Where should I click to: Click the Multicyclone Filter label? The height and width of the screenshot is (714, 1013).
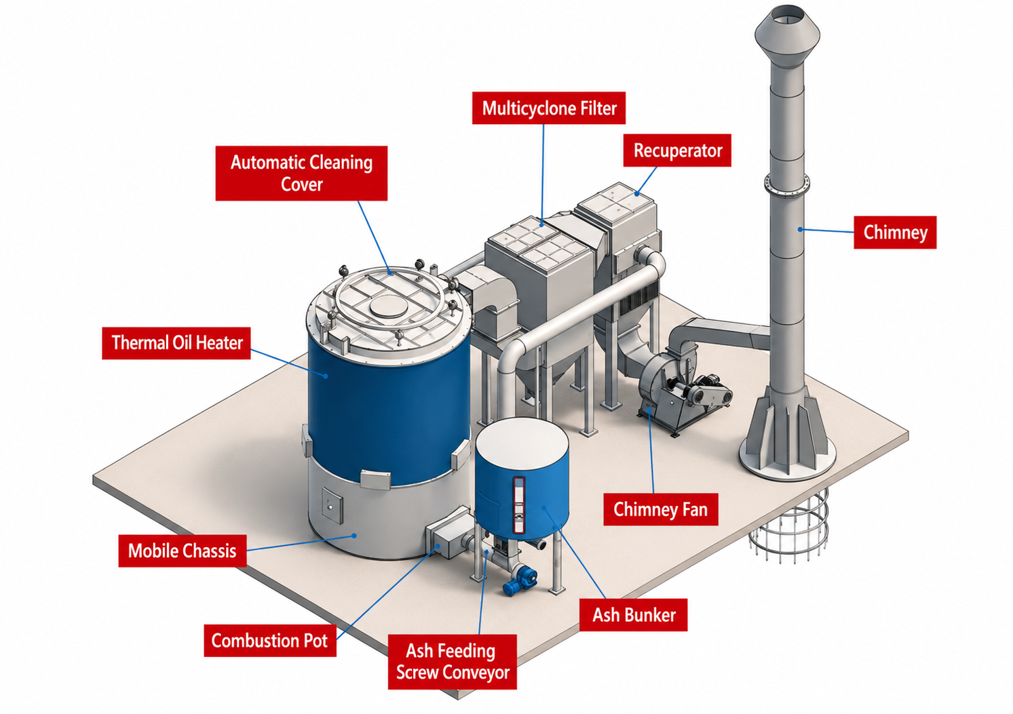548,108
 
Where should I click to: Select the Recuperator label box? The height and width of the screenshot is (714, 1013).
677,151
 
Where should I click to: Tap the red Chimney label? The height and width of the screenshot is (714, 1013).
895,233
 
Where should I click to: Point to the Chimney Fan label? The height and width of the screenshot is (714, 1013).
661,509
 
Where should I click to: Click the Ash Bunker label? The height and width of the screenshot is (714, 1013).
634,614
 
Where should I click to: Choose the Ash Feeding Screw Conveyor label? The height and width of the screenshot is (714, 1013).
453,662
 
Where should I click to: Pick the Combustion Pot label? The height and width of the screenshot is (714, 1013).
270,640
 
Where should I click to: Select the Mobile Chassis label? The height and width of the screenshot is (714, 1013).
183,551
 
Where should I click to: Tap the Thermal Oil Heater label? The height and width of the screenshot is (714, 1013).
176,343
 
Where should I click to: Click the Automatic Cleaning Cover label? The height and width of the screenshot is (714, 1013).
301,173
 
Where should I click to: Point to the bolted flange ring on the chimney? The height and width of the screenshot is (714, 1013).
787,184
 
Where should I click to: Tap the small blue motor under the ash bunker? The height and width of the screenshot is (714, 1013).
520,580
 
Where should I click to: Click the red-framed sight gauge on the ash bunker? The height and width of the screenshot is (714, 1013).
518,504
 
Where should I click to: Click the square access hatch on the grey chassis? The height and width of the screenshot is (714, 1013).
332,505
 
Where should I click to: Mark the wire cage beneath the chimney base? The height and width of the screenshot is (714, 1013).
788,525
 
